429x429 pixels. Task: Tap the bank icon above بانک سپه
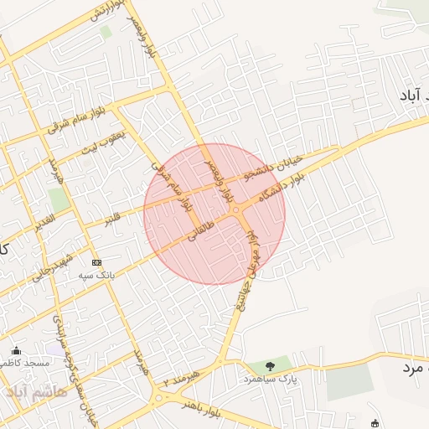point(96,262)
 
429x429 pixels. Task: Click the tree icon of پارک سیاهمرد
point(269,365)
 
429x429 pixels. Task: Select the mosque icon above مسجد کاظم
point(16,350)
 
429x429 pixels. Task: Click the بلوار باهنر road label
point(200,409)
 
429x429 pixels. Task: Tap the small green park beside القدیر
point(58,199)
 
